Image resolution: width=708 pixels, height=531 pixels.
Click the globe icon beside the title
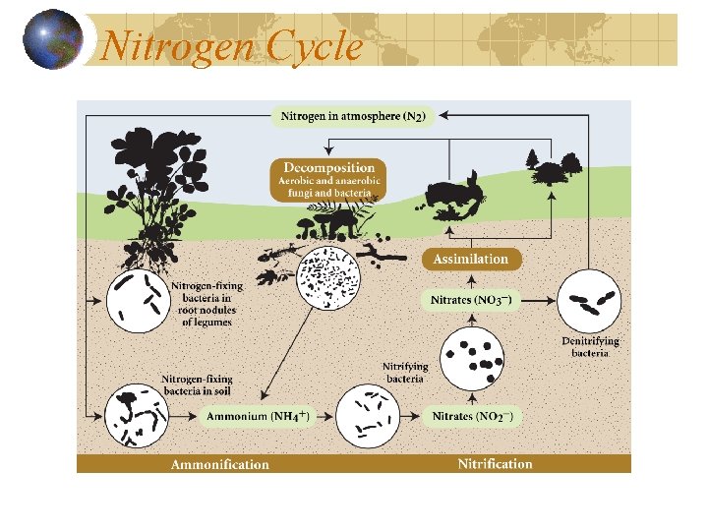click(52, 40)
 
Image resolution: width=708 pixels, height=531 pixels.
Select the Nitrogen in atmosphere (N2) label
click(353, 116)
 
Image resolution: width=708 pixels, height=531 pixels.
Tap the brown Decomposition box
click(328, 180)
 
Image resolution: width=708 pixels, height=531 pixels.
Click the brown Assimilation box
click(473, 259)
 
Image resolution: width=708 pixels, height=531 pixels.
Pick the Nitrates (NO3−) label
click(471, 298)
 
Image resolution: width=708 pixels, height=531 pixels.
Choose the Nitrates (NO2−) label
click(472, 416)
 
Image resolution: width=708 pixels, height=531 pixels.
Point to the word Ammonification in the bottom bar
click(219, 464)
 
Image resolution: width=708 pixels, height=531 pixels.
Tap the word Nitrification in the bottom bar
click(495, 464)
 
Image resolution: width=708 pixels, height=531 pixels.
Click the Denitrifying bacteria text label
click(590, 346)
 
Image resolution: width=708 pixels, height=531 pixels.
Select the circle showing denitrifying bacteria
click(590, 301)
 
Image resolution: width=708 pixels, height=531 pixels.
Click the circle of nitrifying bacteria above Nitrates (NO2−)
click(472, 358)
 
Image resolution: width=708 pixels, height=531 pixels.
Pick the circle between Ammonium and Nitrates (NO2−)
click(368, 417)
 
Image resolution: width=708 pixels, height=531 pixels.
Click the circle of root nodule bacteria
click(137, 299)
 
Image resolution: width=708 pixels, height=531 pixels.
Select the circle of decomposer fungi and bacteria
click(328, 276)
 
